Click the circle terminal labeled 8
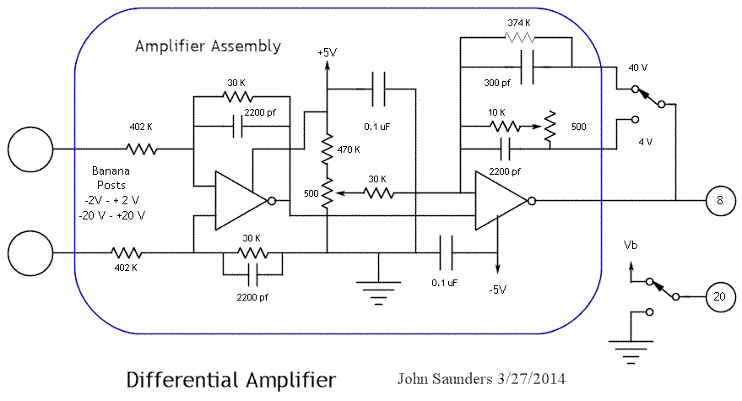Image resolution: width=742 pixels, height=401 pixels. point(719,201)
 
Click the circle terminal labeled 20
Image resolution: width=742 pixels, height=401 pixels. point(719,296)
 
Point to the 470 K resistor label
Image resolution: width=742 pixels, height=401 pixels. point(347,149)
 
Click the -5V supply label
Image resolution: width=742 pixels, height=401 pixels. point(497,290)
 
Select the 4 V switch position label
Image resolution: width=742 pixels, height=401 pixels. point(645,141)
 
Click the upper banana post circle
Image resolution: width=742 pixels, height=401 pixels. point(30,150)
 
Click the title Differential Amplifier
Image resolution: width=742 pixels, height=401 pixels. point(230,379)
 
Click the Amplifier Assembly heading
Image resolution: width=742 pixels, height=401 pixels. point(208,46)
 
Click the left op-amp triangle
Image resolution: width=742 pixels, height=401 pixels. point(241,201)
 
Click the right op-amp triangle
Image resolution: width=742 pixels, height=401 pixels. point(501,201)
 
